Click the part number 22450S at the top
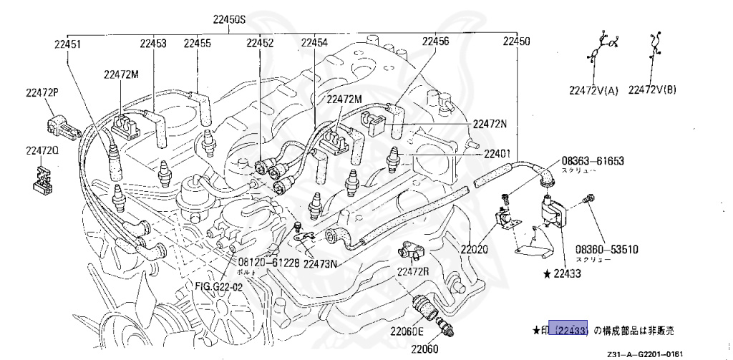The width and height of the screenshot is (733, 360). pyautogui.click(x=228, y=19)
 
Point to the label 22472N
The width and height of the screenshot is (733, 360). pyautogui.click(x=490, y=124)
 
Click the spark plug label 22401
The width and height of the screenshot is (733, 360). pyautogui.click(x=496, y=153)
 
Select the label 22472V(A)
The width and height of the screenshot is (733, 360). pyautogui.click(x=593, y=90)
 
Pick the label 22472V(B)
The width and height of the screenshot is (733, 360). pyautogui.click(x=652, y=90)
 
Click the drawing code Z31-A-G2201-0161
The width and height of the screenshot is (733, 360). pyautogui.click(x=651, y=354)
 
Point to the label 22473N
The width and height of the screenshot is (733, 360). pyautogui.click(x=320, y=263)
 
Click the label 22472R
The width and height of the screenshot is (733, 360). pyautogui.click(x=413, y=271)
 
